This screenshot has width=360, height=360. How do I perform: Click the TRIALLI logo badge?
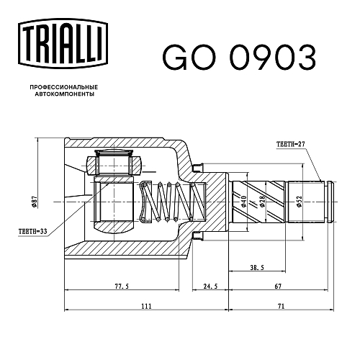point(63,43)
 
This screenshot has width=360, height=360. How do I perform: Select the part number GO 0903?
point(239,58)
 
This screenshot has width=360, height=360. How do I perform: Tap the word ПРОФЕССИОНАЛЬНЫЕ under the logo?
point(64,87)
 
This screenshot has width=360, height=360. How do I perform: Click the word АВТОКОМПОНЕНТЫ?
point(65,94)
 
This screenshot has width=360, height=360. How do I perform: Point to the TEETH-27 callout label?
point(290,144)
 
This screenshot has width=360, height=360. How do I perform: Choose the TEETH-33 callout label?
point(33,232)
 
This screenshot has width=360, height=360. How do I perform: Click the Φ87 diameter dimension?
point(35,202)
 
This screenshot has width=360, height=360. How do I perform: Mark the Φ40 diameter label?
point(243,202)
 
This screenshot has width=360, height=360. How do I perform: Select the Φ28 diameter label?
point(262,202)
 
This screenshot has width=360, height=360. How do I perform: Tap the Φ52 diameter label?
point(299,202)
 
